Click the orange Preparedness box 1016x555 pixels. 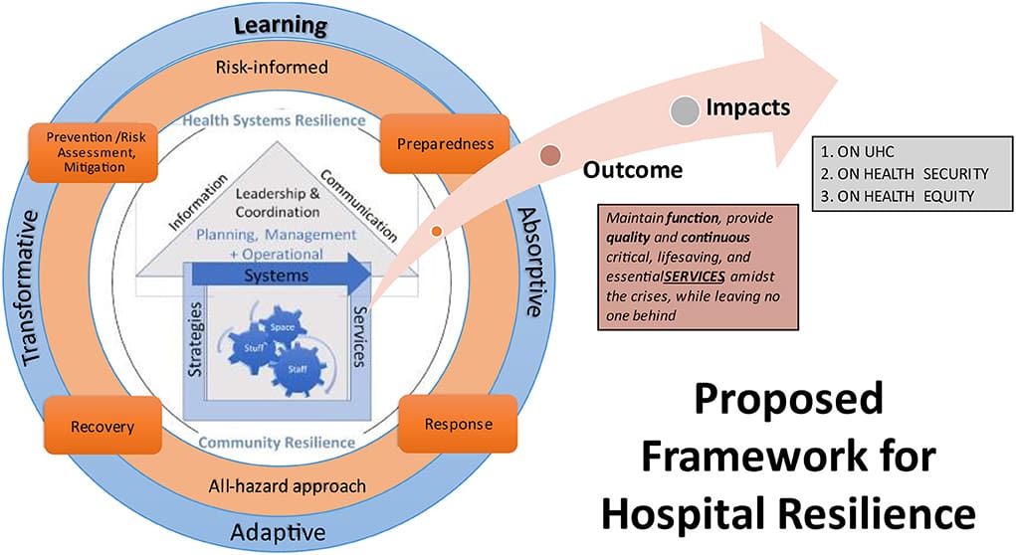tap(445, 143)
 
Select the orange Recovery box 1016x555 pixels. tap(102, 427)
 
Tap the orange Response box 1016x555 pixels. tap(458, 425)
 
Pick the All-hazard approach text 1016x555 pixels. tap(276, 486)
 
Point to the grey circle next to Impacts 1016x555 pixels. tap(684, 110)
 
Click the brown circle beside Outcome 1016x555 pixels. tap(549, 156)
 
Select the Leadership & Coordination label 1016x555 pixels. tap(278, 203)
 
